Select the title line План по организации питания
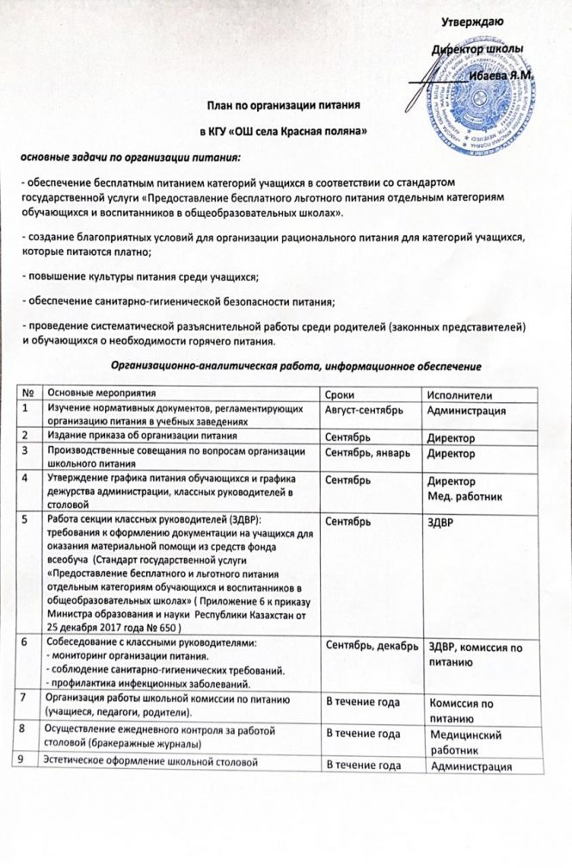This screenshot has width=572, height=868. click(281, 105)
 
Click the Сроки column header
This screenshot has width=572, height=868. click(337, 394)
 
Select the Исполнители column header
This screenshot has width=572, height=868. click(458, 394)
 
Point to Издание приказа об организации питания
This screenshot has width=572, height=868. click(141, 436)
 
